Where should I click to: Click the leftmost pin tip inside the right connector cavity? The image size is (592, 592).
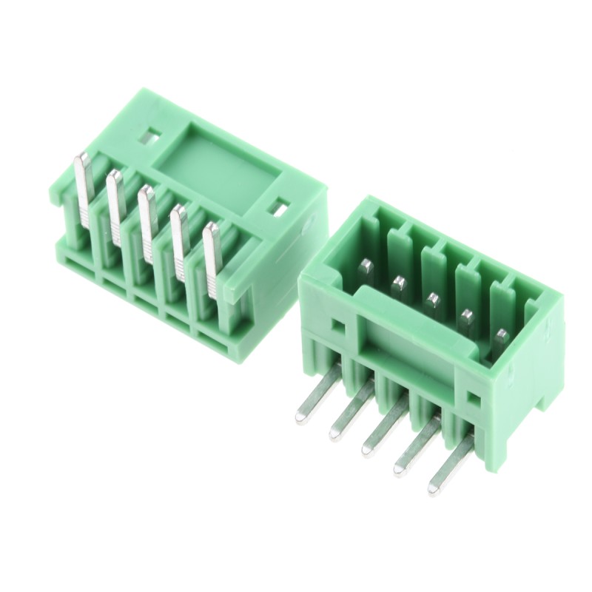click(365, 265)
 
